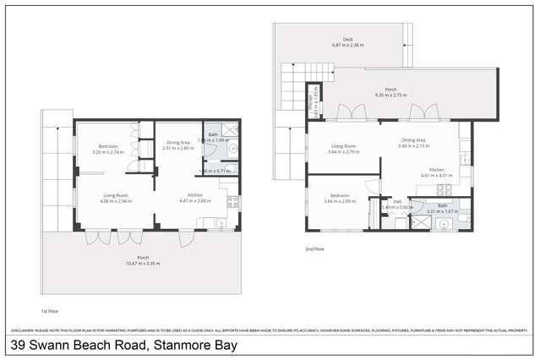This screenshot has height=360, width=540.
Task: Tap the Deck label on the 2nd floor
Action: coord(347,39)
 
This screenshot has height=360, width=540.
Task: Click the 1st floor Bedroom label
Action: coord(106,147)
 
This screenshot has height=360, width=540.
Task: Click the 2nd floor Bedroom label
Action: coord(339,195)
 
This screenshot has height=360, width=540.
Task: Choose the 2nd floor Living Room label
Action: coord(342,146)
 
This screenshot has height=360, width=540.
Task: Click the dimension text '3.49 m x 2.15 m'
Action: coord(414,147)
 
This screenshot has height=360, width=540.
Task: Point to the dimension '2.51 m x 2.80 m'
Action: coord(178,149)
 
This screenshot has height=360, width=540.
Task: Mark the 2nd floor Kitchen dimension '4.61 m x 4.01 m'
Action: coord(437,176)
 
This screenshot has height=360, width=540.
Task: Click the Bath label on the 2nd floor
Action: coord(441,206)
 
